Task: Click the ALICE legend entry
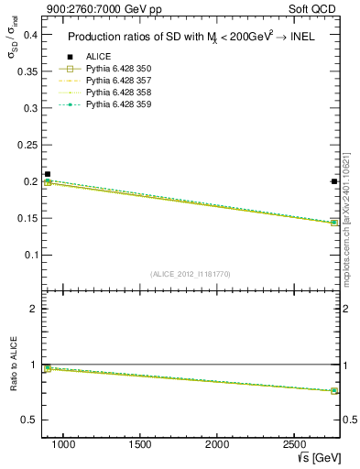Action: pos(98,57)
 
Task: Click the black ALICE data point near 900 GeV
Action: pos(48,174)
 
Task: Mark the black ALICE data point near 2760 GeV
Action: pos(334,181)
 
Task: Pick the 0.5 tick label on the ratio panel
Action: pos(27,420)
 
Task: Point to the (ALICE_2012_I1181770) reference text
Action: pos(191,273)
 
